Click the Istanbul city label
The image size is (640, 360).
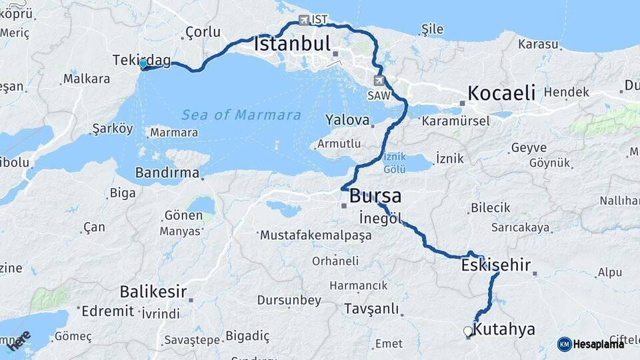[292, 45]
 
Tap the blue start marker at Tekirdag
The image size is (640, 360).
[143, 64]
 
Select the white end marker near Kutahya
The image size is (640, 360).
[467, 331]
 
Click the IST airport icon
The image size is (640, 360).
[305, 20]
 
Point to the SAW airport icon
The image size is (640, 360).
[379, 81]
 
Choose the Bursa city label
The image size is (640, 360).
[375, 196]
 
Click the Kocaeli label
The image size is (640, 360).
[501, 93]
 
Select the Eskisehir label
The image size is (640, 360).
[495, 265]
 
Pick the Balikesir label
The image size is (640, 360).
[153, 291]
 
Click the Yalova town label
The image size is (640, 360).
[347, 120]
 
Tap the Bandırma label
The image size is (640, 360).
[167, 173]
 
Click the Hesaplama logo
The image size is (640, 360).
[591, 344]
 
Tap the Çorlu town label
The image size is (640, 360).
[203, 31]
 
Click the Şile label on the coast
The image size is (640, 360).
[432, 29]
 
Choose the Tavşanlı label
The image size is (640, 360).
[371, 309]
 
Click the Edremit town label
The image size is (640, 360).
[107, 311]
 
